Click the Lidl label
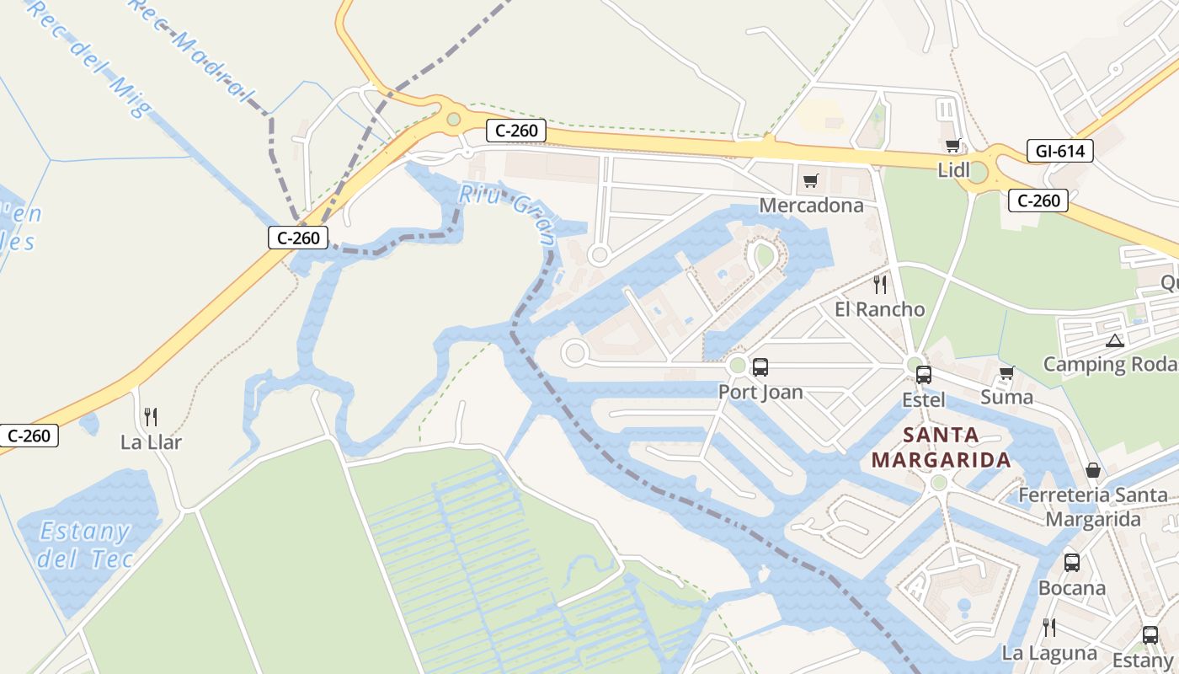point(954,170)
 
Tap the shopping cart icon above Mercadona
point(811,180)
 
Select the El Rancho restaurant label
point(879,309)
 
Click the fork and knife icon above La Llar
point(151,416)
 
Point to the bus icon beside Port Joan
point(760,366)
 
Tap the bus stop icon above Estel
point(924,374)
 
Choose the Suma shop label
point(1006,396)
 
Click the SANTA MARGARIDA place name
point(941,447)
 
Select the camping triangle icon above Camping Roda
point(1115,341)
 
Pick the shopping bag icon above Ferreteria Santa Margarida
point(1092,469)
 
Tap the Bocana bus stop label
point(1071,587)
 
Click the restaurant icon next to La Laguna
point(1049,628)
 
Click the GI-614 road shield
point(1060,152)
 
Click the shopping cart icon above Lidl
point(953,145)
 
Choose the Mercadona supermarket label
point(811,206)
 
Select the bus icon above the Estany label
point(1150,635)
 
